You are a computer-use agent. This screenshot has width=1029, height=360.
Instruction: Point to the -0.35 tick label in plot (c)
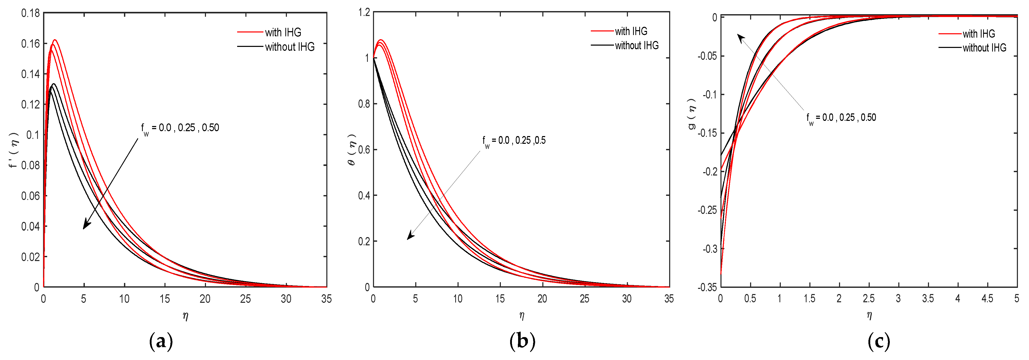point(707,287)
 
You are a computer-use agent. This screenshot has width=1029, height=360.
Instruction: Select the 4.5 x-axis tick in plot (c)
point(987,298)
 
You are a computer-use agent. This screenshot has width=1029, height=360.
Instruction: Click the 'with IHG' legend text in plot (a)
point(283,32)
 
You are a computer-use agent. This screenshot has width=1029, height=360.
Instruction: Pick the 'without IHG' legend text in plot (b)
point(637,46)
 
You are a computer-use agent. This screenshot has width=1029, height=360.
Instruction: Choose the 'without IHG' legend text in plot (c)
point(984,48)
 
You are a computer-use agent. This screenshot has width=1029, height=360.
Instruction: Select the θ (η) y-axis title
point(352,150)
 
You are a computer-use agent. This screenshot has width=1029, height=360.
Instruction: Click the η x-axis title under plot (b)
point(522,316)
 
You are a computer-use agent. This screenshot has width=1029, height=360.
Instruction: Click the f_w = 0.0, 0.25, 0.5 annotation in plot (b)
point(514,141)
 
